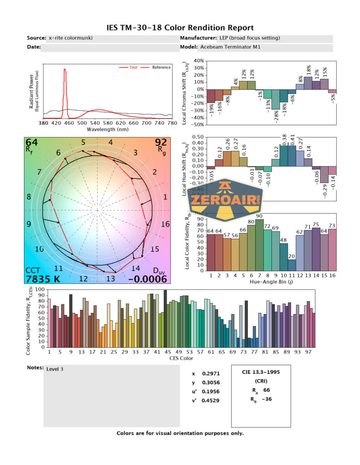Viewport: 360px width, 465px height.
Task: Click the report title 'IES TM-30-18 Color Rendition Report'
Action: click(x=180, y=28)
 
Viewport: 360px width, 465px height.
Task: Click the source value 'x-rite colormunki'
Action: click(x=71, y=38)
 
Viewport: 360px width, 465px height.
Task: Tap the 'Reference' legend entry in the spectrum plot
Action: click(x=161, y=67)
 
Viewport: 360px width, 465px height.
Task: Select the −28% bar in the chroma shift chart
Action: click(x=275, y=99)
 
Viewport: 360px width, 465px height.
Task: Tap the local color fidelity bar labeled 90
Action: click(x=259, y=245)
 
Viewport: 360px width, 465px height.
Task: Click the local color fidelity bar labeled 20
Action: click(x=292, y=265)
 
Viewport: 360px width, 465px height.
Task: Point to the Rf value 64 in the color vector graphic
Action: click(x=31, y=143)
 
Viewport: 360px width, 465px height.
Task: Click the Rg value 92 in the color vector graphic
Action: click(x=161, y=143)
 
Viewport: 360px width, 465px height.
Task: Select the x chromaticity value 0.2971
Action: click(x=212, y=373)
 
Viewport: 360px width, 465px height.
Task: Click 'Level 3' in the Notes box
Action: click(x=55, y=369)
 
